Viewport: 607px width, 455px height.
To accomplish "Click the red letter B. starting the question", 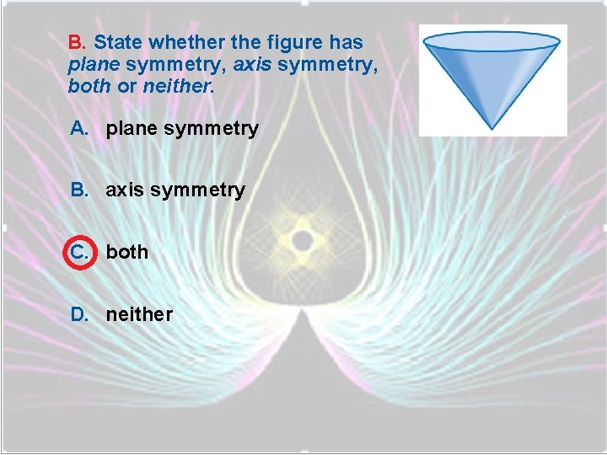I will coord(78,42).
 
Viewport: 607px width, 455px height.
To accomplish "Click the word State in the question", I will coord(115,42).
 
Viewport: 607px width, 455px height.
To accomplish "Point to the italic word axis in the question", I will coord(252,64).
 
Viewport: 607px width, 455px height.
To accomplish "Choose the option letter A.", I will coord(79,128).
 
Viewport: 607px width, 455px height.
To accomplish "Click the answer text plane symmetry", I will coord(181,129).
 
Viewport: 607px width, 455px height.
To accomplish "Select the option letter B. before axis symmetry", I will coord(79,190).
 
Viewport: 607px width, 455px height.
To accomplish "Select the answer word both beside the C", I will coord(126,252).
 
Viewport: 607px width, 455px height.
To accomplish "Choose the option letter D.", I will coord(79,314).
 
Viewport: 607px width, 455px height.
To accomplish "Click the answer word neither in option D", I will coord(138,314).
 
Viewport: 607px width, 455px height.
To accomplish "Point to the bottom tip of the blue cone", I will coord(494,127).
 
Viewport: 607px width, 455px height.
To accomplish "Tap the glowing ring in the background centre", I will coord(302,241).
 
